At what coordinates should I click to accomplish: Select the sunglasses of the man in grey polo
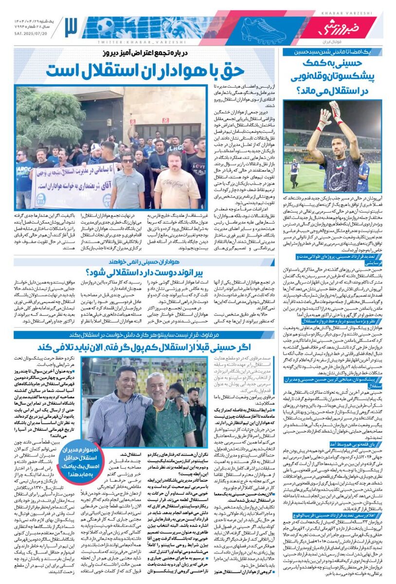127,161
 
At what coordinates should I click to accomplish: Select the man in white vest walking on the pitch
293,173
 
